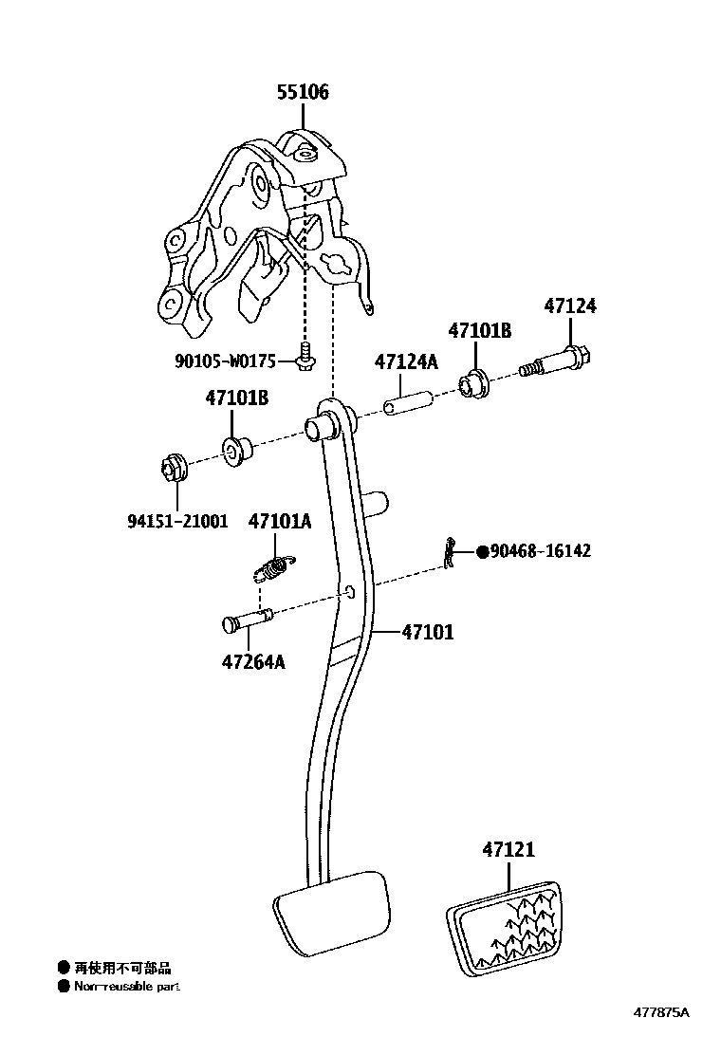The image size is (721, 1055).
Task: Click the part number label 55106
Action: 303,92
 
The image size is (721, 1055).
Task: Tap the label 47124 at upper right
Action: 570,306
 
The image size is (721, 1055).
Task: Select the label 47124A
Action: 406,361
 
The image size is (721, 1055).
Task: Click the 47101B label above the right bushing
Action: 479,330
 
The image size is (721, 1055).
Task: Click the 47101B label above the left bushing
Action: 236,398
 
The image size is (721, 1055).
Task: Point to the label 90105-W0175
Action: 225,361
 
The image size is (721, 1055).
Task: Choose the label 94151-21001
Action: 177,521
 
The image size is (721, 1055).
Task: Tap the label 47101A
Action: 280,521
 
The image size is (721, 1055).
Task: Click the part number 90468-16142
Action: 541,551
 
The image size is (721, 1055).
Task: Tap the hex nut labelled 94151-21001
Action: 172,468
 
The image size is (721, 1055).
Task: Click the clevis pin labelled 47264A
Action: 249,620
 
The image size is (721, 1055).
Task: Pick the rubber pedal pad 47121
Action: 503,928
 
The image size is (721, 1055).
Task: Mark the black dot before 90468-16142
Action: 482,551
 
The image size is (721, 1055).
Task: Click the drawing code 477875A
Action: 661,1011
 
